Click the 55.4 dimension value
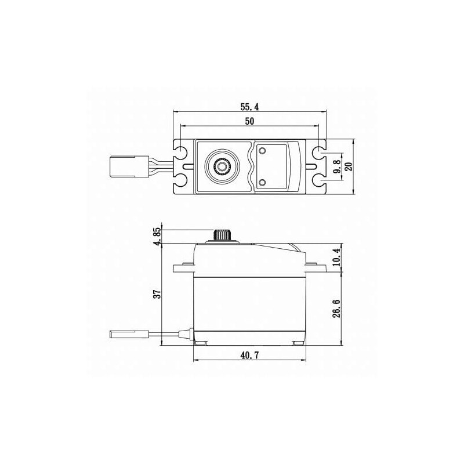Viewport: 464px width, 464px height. tap(249, 107)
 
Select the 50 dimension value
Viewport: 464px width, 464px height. tap(249, 121)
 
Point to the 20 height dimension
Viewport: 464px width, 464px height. tap(349, 166)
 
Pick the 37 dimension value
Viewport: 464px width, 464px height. tap(157, 294)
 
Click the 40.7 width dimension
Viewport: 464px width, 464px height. tap(249, 355)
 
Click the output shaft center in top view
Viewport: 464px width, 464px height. tap(220, 166)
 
